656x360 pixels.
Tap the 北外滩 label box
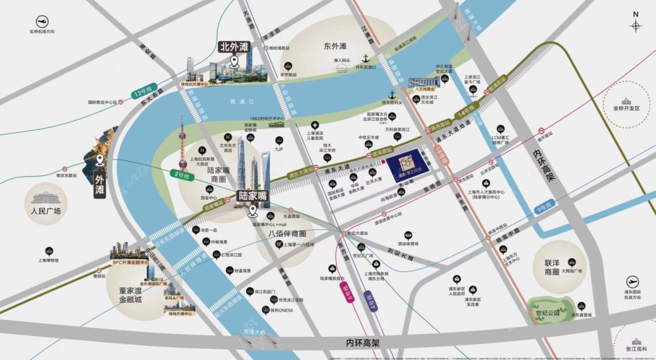(x=233, y=46)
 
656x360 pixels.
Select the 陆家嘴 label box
(x=252, y=197)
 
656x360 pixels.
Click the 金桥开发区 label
(x=626, y=109)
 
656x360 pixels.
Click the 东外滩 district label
(x=335, y=46)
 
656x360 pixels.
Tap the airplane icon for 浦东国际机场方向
(x=632, y=282)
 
